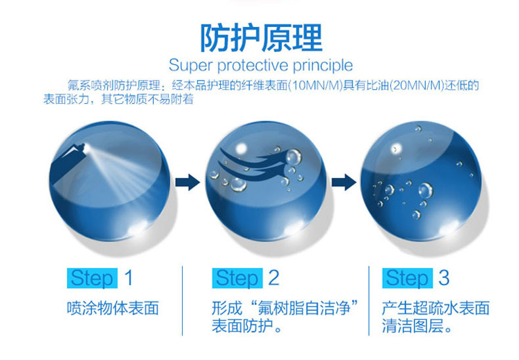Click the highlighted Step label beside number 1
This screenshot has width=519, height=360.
pos(92,278)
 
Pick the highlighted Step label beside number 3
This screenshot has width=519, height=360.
pos(407,278)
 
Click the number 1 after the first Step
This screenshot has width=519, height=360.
pos(128,278)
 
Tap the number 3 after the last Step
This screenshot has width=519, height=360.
pos(444,278)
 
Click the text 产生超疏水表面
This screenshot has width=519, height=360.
pos(436,308)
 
